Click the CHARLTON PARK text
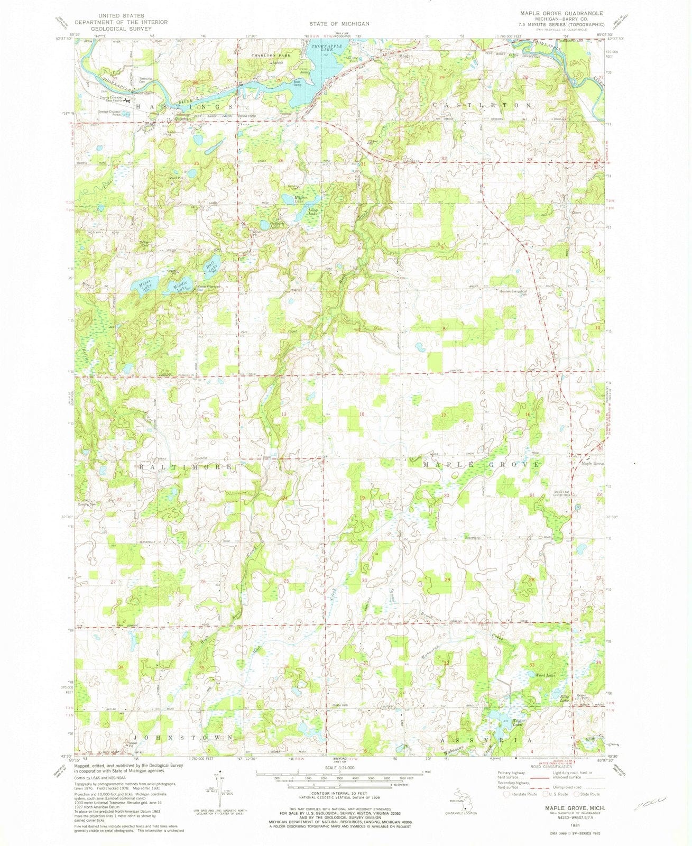[257, 55]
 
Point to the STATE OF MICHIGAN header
[340, 24]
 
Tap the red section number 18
[362, 414]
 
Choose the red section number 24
[284, 498]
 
